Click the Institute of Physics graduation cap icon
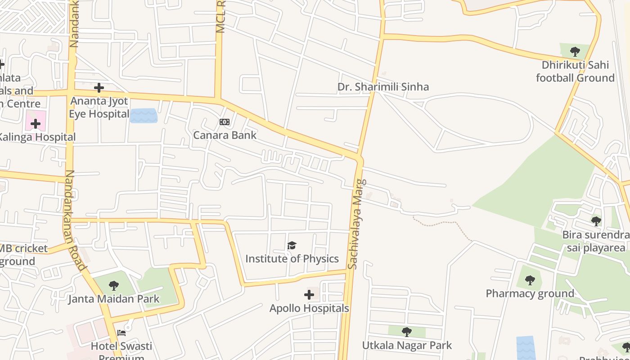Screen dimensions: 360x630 click(x=292, y=246)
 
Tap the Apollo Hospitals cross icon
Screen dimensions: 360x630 click(x=309, y=295)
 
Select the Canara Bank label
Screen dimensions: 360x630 click(x=225, y=135)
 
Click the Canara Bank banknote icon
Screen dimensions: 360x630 click(x=224, y=122)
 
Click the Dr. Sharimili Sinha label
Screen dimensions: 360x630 click(x=383, y=86)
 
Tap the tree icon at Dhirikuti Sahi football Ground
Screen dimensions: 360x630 click(x=575, y=51)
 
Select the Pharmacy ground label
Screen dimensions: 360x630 click(x=530, y=293)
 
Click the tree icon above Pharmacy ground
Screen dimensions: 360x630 click(x=530, y=280)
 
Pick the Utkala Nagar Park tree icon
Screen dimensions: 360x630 click(x=407, y=332)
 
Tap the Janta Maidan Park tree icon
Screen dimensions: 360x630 click(x=114, y=285)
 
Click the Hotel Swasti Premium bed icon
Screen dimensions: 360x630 click(x=121, y=333)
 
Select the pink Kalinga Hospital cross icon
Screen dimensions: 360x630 click(x=36, y=124)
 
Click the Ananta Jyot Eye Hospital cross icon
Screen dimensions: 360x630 click(x=99, y=88)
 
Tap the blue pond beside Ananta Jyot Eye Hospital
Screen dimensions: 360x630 click(x=144, y=116)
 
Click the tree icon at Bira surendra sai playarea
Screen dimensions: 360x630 click(x=596, y=221)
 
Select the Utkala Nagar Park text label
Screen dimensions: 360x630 click(x=407, y=345)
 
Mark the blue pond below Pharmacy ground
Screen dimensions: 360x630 click(x=525, y=347)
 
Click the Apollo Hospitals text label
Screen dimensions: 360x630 click(x=309, y=308)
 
